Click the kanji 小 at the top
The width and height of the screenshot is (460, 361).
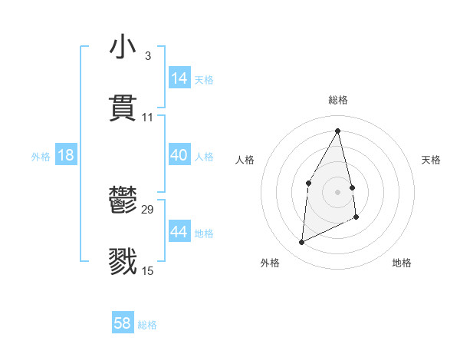pyautogui.click(x=123, y=47)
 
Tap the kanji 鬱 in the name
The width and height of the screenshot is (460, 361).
pyautogui.click(x=123, y=200)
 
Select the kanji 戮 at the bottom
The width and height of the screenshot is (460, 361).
pyautogui.click(x=123, y=261)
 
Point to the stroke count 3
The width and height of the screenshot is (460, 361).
pyautogui.click(x=147, y=56)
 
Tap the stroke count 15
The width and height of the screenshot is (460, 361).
pyautogui.click(x=147, y=271)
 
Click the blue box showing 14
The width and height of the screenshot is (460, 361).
pyautogui.click(x=179, y=78)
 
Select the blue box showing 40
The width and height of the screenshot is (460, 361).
pyautogui.click(x=179, y=155)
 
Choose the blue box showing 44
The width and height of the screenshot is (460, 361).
pyautogui.click(x=179, y=231)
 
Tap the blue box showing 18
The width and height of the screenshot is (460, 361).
pyautogui.click(x=66, y=155)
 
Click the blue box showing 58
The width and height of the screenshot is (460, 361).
pyautogui.click(x=123, y=323)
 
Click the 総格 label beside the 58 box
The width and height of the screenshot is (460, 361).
pyautogui.click(x=147, y=325)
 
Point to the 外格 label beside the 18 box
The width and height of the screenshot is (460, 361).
pyautogui.click(x=41, y=157)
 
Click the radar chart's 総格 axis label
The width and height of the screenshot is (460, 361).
pyautogui.click(x=337, y=100)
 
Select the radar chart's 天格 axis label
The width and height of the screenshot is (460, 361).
pyautogui.click(x=431, y=160)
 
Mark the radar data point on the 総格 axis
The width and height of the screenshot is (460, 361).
pyautogui.click(x=337, y=131)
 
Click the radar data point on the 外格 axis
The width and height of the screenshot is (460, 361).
pyautogui.click(x=301, y=243)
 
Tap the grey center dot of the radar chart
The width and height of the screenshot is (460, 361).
pyautogui.click(x=337, y=191)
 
